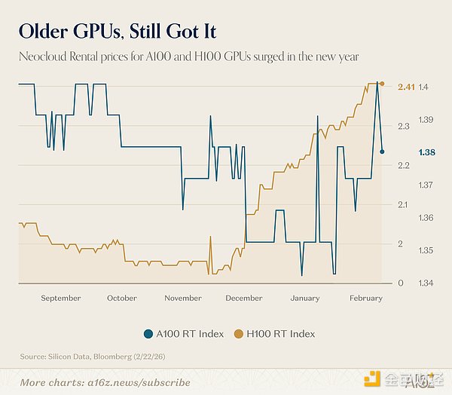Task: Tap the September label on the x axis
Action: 61,299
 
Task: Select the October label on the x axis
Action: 122,299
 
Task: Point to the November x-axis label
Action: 183,299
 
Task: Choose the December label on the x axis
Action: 244,299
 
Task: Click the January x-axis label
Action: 305,299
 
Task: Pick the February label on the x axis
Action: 366,299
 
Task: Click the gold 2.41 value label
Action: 406,87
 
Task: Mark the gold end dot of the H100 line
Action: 382,84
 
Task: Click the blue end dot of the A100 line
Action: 382,152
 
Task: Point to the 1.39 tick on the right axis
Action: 425,121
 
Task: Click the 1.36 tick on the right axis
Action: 425,218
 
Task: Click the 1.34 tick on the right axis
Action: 425,283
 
